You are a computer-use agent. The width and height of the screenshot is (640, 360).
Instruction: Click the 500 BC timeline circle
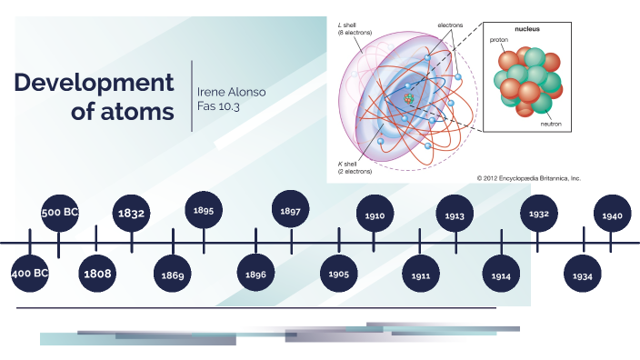[60, 213]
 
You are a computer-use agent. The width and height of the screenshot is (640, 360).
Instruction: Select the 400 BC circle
[30, 272]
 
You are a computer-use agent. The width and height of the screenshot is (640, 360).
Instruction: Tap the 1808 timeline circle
[96, 272]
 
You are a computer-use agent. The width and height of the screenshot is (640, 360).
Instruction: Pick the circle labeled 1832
[132, 214]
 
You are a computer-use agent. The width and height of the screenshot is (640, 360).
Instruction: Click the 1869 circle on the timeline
[173, 274]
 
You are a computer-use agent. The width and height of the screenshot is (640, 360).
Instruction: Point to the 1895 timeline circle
[204, 211]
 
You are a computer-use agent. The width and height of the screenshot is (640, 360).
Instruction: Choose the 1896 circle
[256, 273]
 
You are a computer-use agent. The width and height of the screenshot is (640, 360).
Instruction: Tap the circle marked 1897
[291, 211]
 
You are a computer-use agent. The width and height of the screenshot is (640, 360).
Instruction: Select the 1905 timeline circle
[339, 274]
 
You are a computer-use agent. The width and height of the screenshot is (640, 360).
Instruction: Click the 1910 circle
[375, 215]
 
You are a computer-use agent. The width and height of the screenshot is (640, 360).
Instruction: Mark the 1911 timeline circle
[420, 274]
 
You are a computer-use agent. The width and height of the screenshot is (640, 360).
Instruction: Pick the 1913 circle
[455, 215]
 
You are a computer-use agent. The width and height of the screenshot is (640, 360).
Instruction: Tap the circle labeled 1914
[501, 274]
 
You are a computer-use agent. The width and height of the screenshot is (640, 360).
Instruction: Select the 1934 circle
[583, 274]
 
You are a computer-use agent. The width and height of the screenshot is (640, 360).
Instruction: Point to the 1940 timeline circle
[612, 215]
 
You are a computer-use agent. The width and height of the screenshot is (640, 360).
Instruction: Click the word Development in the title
[94, 83]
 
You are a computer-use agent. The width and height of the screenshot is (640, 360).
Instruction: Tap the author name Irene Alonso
[233, 92]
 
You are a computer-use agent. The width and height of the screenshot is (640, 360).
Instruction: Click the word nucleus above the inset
[526, 29]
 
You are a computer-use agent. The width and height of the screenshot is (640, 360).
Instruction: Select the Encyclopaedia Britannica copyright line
[528, 178]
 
